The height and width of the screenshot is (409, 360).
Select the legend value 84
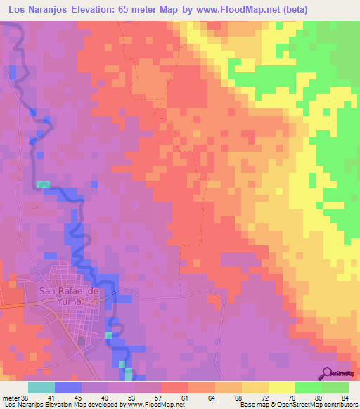click(345, 397)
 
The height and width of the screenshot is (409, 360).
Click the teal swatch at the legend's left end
click(41, 387)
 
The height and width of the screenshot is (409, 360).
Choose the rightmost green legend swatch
click(335, 387)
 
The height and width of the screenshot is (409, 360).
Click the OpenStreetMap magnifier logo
click(328, 372)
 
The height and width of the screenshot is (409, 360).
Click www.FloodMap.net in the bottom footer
click(156, 405)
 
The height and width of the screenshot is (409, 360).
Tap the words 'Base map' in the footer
click(253, 405)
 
